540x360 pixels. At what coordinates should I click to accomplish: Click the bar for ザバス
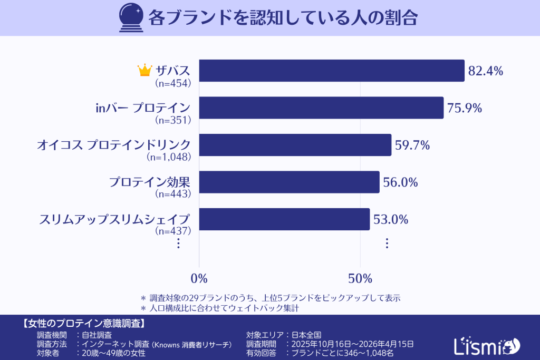coord(332,71)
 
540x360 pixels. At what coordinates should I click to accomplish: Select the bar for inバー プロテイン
coord(321,108)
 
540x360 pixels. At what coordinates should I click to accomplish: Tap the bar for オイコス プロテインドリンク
coord(295,145)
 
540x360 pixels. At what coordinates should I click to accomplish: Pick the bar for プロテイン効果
coord(289,182)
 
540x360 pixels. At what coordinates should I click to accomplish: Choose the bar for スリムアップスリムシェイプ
coord(284,219)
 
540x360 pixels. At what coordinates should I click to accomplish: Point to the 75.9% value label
coord(465,108)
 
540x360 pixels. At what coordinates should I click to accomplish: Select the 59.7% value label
coord(412,145)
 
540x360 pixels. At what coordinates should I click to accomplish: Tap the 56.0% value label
coord(400,182)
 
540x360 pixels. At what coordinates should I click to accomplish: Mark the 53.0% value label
coord(391,219)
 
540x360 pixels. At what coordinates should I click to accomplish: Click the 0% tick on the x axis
coord(199,278)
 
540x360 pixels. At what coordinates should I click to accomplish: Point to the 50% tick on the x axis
coord(360,278)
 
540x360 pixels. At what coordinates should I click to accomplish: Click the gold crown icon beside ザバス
coord(144,70)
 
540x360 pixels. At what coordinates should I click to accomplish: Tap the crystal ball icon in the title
coord(131,17)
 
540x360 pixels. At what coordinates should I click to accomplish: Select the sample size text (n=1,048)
coord(168,157)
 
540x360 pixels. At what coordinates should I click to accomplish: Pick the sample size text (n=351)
coord(173,120)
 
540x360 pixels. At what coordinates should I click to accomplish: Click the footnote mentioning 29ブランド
coord(269,297)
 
